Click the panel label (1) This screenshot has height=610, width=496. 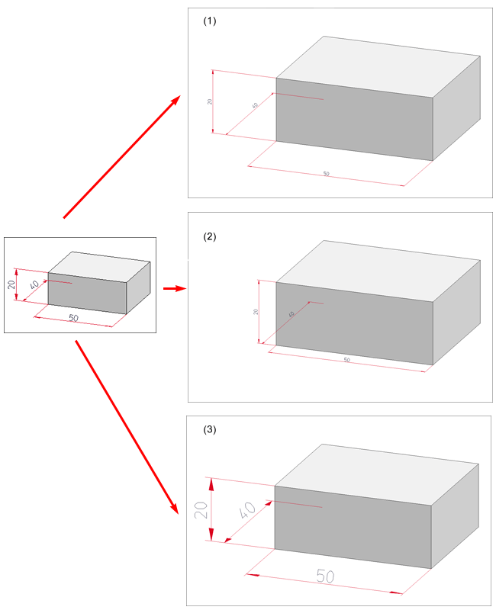(210, 21)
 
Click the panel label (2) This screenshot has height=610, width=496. (210, 236)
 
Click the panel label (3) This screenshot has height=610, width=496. (210, 429)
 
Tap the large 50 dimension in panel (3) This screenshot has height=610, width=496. (325, 576)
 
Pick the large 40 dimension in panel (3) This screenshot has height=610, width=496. (246, 511)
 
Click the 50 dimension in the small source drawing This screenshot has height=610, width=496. (74, 317)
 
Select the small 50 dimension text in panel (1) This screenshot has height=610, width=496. (326, 175)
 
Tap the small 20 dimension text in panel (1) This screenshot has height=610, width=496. (209, 101)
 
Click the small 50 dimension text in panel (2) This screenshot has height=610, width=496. (346, 359)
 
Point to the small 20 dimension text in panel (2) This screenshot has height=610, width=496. (256, 311)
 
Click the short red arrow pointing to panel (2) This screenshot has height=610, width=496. (175, 288)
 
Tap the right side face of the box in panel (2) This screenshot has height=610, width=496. (456, 309)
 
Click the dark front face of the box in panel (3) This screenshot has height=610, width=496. (353, 527)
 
